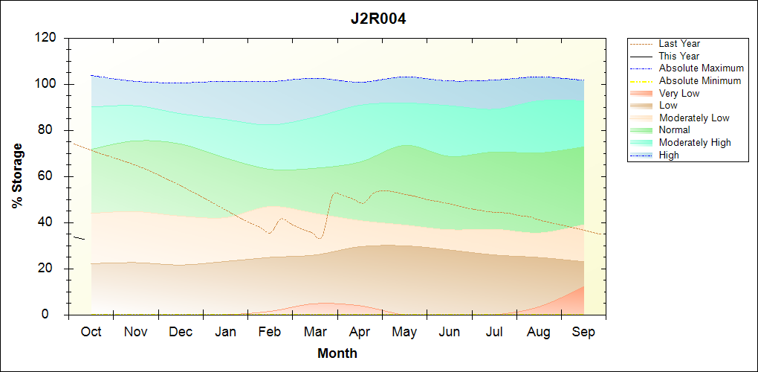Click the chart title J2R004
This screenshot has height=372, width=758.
click(x=378, y=19)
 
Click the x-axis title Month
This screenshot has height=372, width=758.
click(x=337, y=353)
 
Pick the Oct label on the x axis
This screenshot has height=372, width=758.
click(x=91, y=332)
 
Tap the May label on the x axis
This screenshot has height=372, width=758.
click(x=404, y=332)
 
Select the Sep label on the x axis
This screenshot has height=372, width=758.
click(x=583, y=332)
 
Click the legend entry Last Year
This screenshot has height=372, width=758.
click(x=679, y=44)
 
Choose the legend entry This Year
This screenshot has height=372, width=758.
click(x=679, y=57)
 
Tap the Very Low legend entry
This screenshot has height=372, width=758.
click(x=679, y=93)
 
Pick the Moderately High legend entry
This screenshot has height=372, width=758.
click(x=695, y=143)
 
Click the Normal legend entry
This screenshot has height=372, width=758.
click(x=675, y=130)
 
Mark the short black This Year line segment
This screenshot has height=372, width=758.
click(x=80, y=238)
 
